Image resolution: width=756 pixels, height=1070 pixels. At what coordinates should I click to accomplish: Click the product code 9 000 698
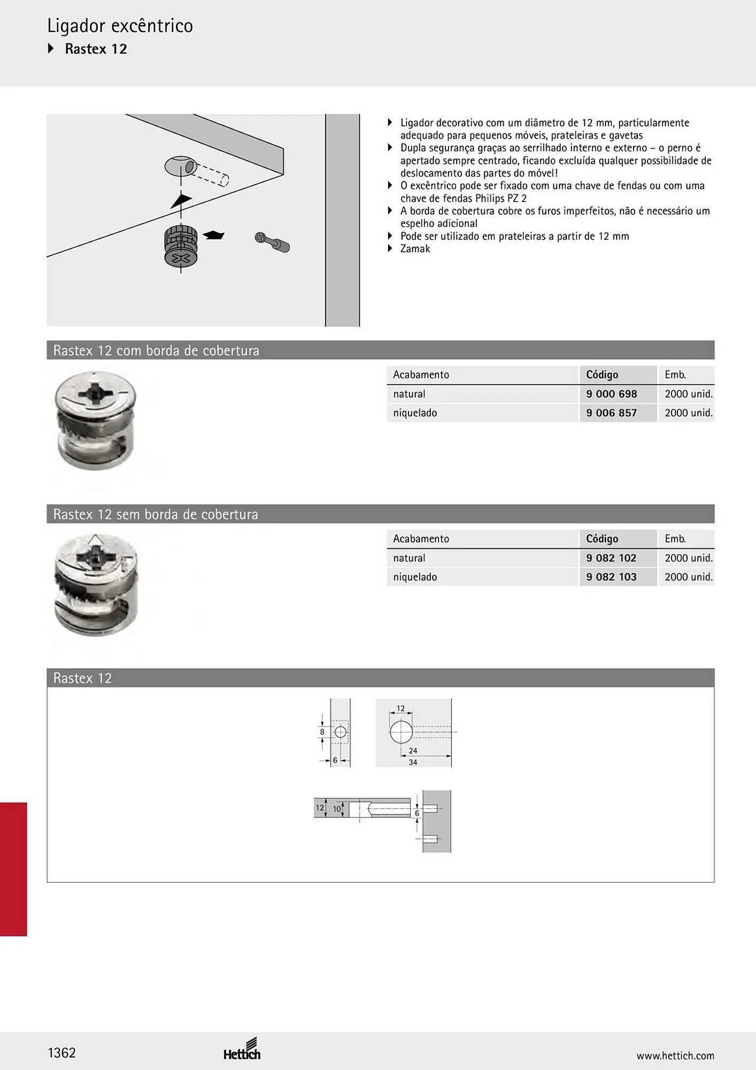tap(611, 394)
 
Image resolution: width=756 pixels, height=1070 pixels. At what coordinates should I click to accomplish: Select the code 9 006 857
tap(611, 413)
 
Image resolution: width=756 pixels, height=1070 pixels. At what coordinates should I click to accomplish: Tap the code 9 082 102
tap(611, 558)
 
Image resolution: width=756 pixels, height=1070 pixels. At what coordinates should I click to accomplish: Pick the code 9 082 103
tap(611, 577)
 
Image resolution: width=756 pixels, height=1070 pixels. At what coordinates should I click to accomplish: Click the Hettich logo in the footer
tap(242, 1049)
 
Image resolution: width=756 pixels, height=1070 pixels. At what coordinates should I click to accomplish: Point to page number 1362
tap(61, 1053)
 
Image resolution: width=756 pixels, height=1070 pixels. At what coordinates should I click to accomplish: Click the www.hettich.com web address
tap(675, 1056)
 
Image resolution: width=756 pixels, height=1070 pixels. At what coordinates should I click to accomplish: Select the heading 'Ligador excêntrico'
tap(120, 26)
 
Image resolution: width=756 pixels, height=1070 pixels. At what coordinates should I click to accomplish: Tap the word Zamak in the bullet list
tap(415, 249)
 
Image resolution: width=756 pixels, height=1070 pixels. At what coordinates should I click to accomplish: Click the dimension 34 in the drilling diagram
tap(413, 762)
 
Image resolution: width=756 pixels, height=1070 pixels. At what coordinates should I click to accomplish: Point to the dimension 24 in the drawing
tap(413, 751)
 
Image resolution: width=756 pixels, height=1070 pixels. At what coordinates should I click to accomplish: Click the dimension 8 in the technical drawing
tap(322, 732)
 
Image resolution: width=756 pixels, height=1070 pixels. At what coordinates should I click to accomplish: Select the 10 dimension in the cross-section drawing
tap(337, 809)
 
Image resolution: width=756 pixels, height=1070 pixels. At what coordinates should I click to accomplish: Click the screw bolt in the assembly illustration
tap(272, 242)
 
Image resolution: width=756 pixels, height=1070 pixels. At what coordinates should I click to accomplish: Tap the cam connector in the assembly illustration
tap(181, 247)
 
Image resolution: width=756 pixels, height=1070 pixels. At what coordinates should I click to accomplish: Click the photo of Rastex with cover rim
tap(97, 421)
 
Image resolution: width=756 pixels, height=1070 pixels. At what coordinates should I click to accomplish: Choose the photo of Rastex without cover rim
tap(97, 584)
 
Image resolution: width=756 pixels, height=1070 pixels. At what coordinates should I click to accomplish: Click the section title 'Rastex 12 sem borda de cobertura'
tap(156, 514)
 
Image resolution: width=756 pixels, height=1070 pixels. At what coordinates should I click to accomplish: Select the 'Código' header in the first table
tap(602, 374)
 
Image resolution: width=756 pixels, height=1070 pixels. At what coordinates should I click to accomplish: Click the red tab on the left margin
tap(13, 869)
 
